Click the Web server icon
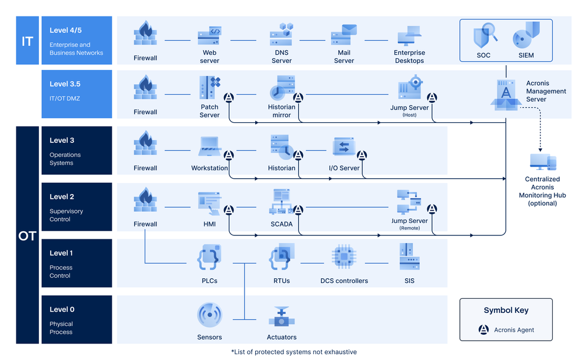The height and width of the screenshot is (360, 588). coord(209,36)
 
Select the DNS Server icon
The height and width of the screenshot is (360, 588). coord(282,35)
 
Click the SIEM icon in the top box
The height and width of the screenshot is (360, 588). coord(526,35)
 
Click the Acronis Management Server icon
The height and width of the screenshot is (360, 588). coord(506,94)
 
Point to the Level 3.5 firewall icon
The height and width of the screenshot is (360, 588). coord(145,89)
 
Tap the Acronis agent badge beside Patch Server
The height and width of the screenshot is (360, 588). coord(229,98)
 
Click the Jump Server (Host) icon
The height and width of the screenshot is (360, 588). coord(410,88)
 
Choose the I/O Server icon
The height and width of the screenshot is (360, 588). coord(344,146)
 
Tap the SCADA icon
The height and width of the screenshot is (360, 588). coord(282,202)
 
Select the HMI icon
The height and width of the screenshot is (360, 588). coord(209,202)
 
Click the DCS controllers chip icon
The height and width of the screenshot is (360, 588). coord(344,258)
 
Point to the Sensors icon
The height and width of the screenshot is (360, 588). coord(209,315)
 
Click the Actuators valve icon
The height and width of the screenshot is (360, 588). coord(282,317)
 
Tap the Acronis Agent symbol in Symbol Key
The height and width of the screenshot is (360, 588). coord(483,330)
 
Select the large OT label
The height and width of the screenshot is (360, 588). coord(27,236)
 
